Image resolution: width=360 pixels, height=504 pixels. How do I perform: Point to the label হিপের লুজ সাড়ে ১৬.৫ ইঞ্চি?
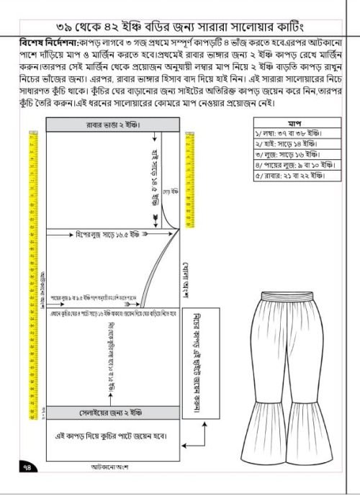pyautogui.click(x=108, y=235)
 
